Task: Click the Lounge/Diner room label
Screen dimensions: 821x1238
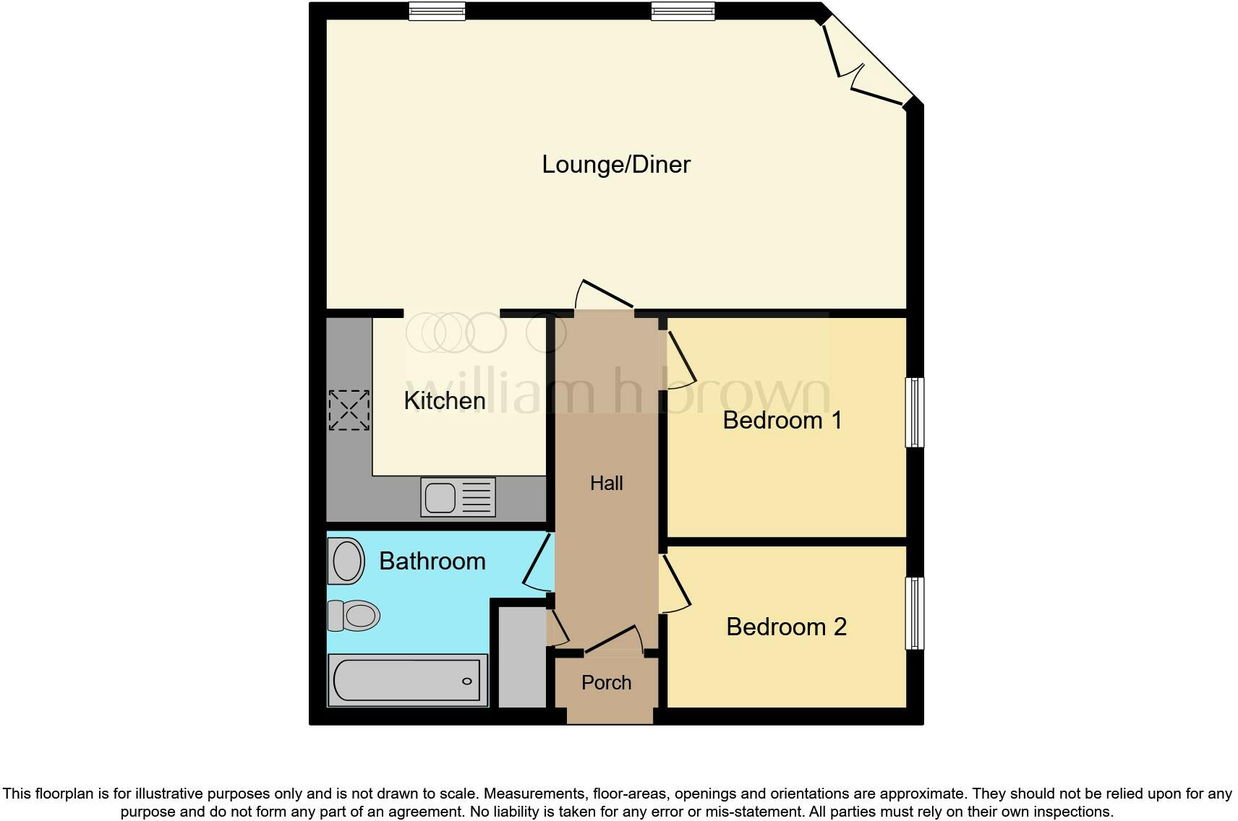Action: click(616, 165)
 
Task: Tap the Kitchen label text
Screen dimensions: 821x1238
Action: click(444, 400)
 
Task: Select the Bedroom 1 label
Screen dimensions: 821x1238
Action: click(782, 420)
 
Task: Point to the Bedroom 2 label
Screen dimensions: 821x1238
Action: click(786, 627)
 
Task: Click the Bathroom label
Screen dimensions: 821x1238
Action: click(432, 561)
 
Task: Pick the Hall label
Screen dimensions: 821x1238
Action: click(606, 483)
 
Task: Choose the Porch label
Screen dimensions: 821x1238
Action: click(606, 682)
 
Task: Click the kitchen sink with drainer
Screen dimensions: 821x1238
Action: click(458, 497)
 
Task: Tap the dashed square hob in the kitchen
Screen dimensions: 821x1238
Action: click(349, 410)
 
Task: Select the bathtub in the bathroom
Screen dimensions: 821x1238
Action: click(406, 680)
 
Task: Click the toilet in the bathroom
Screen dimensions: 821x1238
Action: click(354, 616)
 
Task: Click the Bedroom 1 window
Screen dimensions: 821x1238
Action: click(915, 412)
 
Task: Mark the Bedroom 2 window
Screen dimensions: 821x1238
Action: click(915, 613)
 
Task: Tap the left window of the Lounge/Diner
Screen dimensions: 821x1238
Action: click(437, 11)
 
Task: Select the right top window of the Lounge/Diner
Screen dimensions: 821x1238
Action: click(683, 11)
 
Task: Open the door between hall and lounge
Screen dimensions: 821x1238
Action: click(605, 298)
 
